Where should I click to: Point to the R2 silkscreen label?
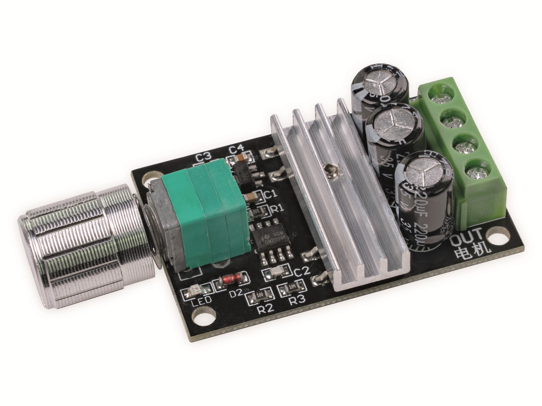[x=265, y=309]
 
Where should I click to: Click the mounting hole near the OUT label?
[x=498, y=234]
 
